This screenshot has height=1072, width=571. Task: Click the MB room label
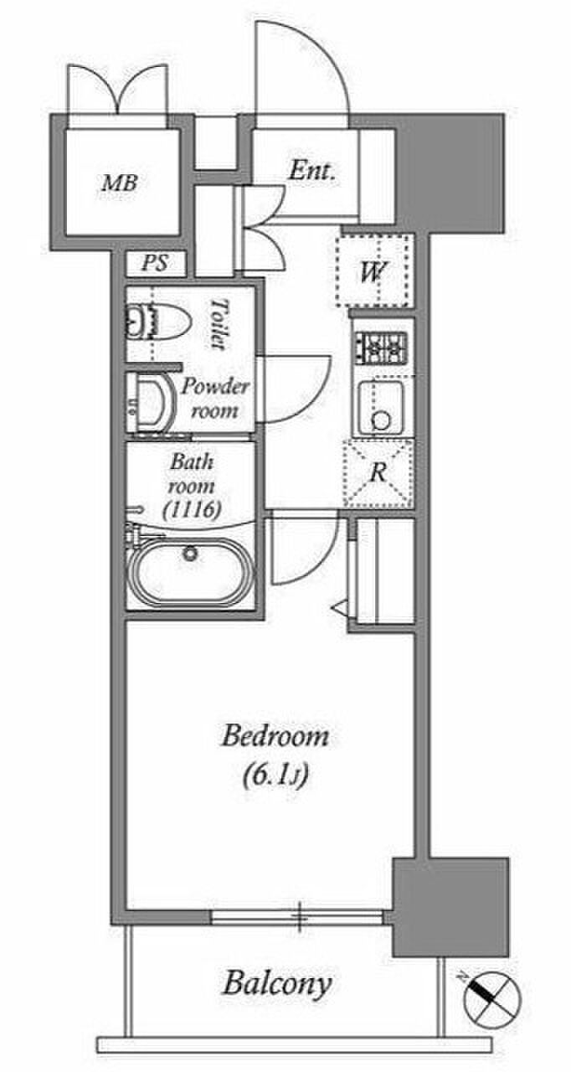[119, 183]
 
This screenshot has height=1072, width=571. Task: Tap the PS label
[155, 262]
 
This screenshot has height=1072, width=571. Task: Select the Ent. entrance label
[311, 171]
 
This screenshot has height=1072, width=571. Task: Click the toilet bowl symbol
[158, 321]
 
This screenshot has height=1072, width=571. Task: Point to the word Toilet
[218, 324]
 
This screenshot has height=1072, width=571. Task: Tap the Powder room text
[214, 399]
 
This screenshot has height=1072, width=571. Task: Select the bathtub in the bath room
[190, 572]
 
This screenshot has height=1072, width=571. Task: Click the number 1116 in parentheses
[192, 510]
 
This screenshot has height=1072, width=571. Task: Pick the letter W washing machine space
[373, 272]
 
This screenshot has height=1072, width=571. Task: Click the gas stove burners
[381, 347]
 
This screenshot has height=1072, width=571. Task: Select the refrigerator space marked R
[378, 473]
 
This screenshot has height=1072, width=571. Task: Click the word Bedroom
[275, 737]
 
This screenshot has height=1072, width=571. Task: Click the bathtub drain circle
[190, 554]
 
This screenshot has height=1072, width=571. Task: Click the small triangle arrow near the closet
[341, 608]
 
